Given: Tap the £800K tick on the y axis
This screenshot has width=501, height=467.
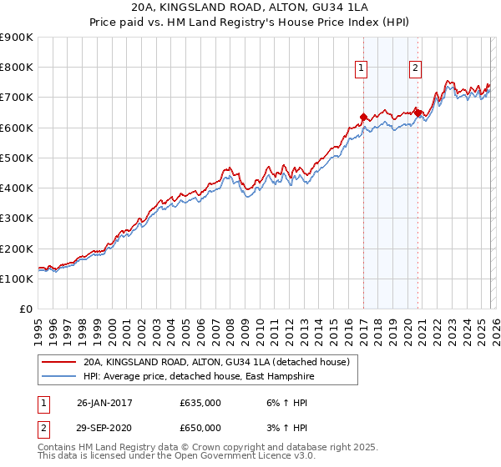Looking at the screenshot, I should pos(17,68).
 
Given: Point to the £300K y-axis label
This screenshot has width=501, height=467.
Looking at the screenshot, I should pos(17,218).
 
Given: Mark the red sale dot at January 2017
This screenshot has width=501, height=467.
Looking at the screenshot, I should pos(363,117).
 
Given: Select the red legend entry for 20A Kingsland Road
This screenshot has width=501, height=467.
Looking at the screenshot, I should pos(220,363).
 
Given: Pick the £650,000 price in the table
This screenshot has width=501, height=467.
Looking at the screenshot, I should pos(200,427).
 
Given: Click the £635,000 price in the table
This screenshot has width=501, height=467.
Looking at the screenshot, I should pos(200,402).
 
